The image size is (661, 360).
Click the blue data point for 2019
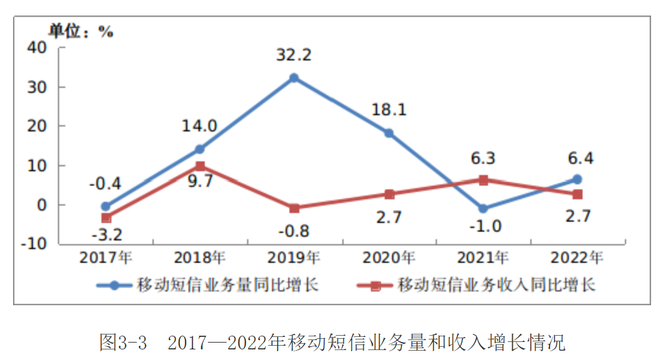294,78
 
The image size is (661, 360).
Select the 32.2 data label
294,55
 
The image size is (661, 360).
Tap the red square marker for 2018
200,166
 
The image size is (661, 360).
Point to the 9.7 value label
200,184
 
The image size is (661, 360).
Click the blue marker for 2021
483,209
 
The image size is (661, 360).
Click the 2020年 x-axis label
389,257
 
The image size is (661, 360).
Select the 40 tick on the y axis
38,47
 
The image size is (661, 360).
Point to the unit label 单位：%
82,31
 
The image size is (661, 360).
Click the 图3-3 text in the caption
123,342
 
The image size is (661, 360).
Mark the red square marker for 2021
483,180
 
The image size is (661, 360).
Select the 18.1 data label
389,110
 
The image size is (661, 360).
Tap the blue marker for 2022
577,179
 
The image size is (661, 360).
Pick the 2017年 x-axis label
106,257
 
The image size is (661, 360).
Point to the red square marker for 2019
294,208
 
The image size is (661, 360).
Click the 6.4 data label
577,158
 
